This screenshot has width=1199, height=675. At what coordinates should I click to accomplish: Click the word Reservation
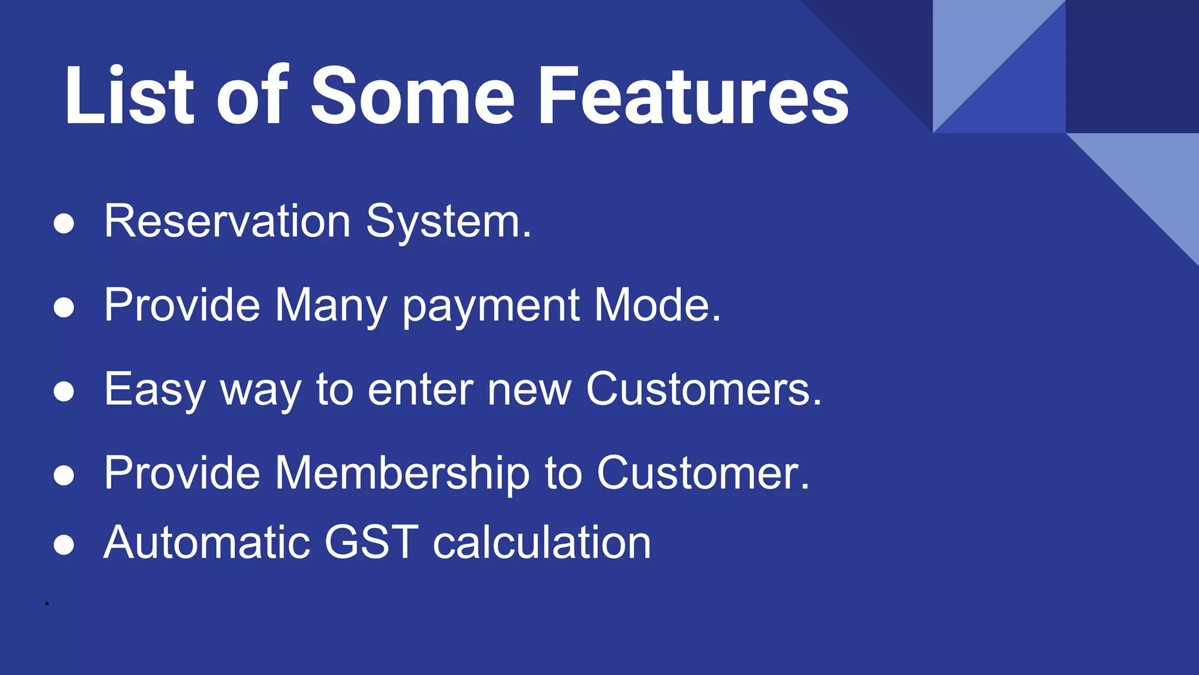tap(227, 221)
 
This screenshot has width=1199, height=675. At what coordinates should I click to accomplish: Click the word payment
tap(491, 306)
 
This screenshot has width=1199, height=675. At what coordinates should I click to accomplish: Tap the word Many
tap(331, 306)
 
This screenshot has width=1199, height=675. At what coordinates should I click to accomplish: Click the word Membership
tap(402, 473)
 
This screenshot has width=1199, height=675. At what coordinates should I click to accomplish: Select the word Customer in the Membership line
tap(703, 473)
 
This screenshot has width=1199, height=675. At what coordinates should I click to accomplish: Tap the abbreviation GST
tap(371, 543)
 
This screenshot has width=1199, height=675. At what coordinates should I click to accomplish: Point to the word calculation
tap(542, 543)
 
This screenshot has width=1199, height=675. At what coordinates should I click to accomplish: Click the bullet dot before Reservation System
tap(63, 224)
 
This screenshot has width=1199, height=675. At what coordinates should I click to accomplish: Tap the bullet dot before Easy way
tap(63, 391)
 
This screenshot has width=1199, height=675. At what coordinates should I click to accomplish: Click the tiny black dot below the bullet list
tap(47, 603)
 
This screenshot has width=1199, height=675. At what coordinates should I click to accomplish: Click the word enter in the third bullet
tap(420, 390)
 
